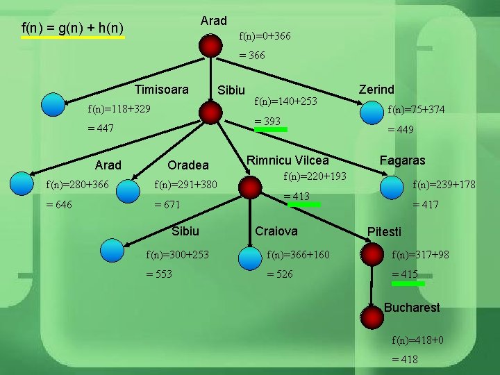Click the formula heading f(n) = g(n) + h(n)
click(73, 28)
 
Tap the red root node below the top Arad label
click(210, 46)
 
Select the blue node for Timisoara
click(53, 104)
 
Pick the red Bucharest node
click(372, 317)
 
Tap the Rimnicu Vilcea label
click(288, 160)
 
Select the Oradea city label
click(187, 165)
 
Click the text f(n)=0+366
click(265, 35)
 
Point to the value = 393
click(267, 122)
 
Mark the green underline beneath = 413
click(304, 205)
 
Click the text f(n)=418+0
click(418, 340)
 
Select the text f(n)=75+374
click(416, 109)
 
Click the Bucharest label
click(412, 307)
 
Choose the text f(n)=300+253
click(177, 255)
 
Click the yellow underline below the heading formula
click(73, 38)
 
